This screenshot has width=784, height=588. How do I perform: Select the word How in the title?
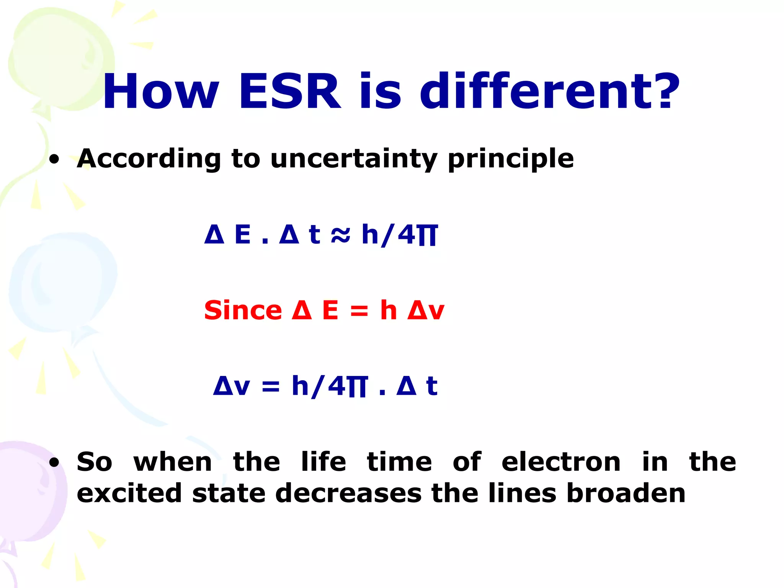click(x=161, y=92)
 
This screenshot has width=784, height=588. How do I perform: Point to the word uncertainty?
click(x=354, y=158)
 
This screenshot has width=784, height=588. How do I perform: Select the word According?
click(x=149, y=158)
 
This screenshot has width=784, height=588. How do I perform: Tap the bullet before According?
click(x=55, y=159)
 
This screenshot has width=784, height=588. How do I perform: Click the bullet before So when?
click(x=55, y=462)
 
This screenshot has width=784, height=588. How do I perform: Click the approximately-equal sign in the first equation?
click(x=340, y=234)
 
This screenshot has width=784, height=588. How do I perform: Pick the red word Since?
click(x=243, y=310)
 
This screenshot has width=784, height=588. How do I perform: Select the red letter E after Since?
click(x=330, y=310)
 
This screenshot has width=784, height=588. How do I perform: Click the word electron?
click(x=561, y=462)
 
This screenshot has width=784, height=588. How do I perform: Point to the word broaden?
click(x=626, y=493)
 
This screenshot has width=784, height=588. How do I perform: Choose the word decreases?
click(x=348, y=493)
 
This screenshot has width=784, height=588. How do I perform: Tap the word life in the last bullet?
click(x=323, y=462)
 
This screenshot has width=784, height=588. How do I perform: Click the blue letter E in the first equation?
click(x=243, y=234)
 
